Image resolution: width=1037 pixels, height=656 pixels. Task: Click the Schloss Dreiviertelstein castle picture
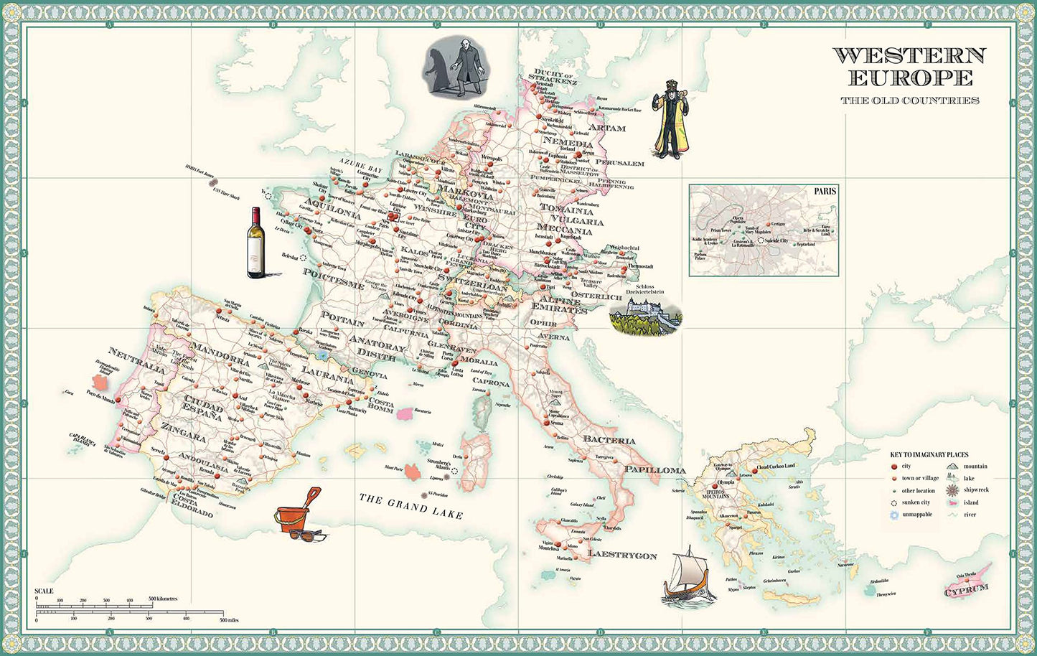tap(644, 316)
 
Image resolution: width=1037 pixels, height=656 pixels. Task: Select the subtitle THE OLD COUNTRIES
tap(910, 100)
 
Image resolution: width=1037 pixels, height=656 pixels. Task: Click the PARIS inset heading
tap(825, 192)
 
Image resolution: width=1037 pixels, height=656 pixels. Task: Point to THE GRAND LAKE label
tap(410, 506)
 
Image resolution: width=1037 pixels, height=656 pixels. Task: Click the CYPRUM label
tap(965, 591)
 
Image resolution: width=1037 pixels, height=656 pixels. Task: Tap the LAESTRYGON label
tap(622, 555)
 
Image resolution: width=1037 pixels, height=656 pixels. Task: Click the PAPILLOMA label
tap(654, 469)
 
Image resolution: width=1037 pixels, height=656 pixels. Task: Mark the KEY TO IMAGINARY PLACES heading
tap(929, 455)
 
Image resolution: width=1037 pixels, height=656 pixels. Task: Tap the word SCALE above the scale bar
tap(44, 591)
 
